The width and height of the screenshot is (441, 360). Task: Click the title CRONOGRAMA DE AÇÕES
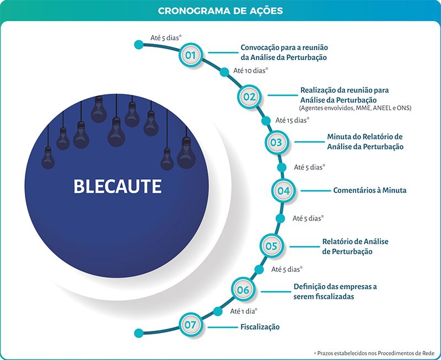coord(220,10)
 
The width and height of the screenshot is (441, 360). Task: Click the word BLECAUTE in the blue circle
coord(117,186)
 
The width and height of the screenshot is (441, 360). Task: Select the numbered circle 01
coord(190,55)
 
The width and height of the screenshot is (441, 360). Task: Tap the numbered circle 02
coord(249,97)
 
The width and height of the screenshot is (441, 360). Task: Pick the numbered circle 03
coord(276,142)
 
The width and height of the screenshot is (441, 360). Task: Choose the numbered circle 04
coord(283,191)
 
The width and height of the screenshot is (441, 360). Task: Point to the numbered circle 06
coord(243,290)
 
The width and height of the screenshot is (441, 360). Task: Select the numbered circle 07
coord(190,325)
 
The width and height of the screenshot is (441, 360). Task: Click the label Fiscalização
coord(260,327)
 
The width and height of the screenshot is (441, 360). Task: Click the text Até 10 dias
coord(251,71)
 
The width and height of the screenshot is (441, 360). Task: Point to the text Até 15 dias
coord(292,120)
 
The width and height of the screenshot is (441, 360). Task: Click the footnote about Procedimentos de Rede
coord(375,352)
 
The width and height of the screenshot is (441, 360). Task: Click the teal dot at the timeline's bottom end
coord(139,332)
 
